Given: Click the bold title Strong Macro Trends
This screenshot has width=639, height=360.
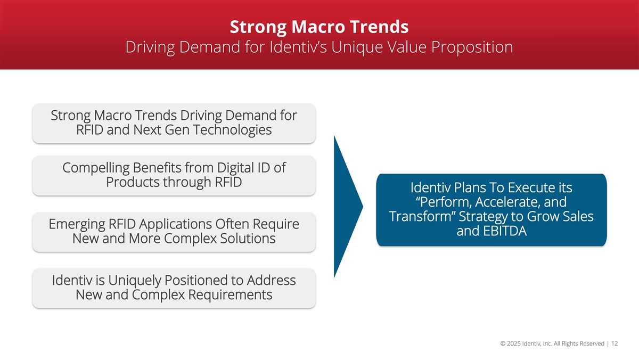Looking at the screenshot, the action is (x=319, y=27).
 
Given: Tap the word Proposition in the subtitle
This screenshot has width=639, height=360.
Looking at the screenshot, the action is (x=472, y=47).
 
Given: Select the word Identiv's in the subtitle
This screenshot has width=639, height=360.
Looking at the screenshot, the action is (x=298, y=47).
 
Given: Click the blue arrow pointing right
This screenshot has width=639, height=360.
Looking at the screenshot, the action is (x=348, y=207).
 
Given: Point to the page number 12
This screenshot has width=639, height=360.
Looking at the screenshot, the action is (x=615, y=343).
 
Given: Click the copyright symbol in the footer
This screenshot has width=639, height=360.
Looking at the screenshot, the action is (x=503, y=343).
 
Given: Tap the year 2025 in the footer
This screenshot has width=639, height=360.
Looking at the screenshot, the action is (x=514, y=343).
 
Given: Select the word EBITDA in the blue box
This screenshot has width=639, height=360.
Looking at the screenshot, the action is (x=505, y=231).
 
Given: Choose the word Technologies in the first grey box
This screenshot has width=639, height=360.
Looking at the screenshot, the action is (x=232, y=130).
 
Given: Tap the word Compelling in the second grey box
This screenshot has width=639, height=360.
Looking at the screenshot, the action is (x=96, y=168).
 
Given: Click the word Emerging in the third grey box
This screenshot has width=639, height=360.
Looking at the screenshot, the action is (x=77, y=224).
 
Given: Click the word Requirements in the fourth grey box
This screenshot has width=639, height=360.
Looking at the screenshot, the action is (x=230, y=294).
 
